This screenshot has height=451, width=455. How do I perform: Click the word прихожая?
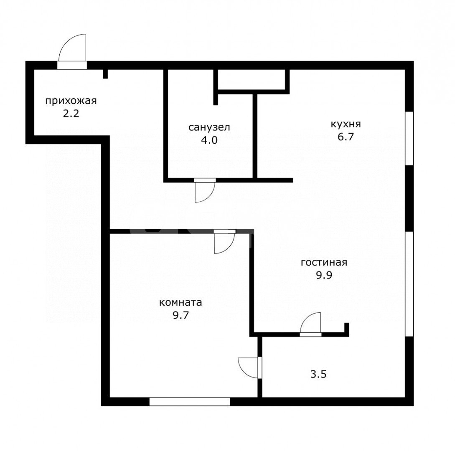coord(71,101)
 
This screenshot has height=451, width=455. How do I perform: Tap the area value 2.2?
coord(71,114)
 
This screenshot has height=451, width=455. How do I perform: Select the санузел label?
coord(209,127)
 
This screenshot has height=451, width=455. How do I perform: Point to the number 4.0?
coord(209,140)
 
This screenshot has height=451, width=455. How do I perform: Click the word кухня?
coord(346,124)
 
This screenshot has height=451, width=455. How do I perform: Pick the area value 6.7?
coord(346,137)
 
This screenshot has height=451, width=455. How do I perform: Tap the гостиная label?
coord(324,263)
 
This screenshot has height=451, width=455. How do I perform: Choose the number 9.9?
coord(324,275)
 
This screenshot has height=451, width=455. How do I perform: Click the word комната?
coord(180,302)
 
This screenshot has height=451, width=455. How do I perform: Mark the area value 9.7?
coord(180,315)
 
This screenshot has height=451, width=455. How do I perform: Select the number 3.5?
coord(318,374)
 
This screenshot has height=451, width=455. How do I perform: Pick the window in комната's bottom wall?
coord(190,401)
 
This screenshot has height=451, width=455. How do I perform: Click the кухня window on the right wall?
coord(409,138)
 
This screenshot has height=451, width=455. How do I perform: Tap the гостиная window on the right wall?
coord(409,284)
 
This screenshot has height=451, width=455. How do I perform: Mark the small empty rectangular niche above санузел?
coord(251,79)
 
